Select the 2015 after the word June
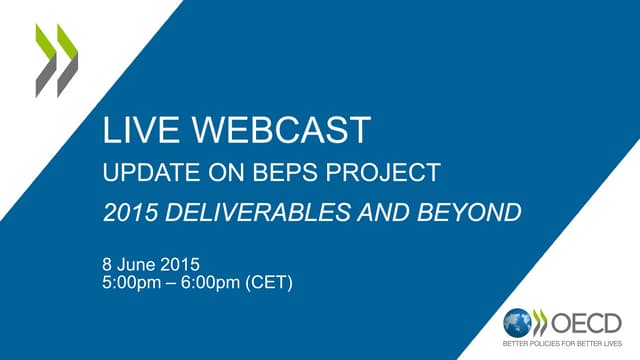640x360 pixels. [x=184, y=265]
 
